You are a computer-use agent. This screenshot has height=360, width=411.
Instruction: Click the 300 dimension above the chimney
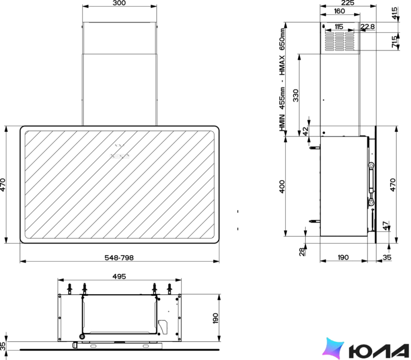pyautogui.click(x=119, y=3)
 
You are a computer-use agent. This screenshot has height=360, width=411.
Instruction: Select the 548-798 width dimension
pyautogui.click(x=119, y=258)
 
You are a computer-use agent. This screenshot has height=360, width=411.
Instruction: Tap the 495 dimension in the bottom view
pyautogui.click(x=119, y=276)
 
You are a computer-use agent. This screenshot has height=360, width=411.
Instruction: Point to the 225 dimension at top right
pyautogui.click(x=347, y=3)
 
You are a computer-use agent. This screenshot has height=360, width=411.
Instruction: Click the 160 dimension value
pyautogui.click(x=339, y=11)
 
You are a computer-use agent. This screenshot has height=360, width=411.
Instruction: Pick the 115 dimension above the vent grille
pyautogui.click(x=339, y=27)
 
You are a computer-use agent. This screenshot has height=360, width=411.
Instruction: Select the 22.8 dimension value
pyautogui.click(x=368, y=27)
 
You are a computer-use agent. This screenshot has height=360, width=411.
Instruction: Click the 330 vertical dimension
pyautogui.click(x=296, y=95)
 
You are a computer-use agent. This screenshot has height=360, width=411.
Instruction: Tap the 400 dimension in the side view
pyautogui.click(x=282, y=187)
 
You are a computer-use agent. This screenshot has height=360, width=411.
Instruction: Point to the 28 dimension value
pyautogui.click(x=302, y=252)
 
